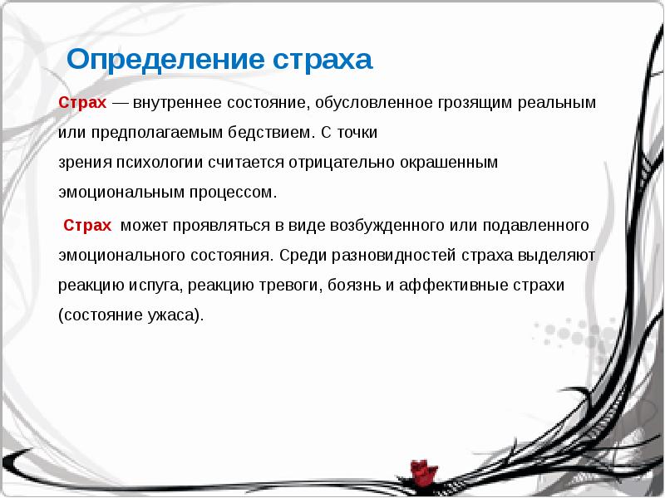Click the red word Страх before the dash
pyautogui.click(x=82, y=103)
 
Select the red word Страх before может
pyautogui.click(x=87, y=226)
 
